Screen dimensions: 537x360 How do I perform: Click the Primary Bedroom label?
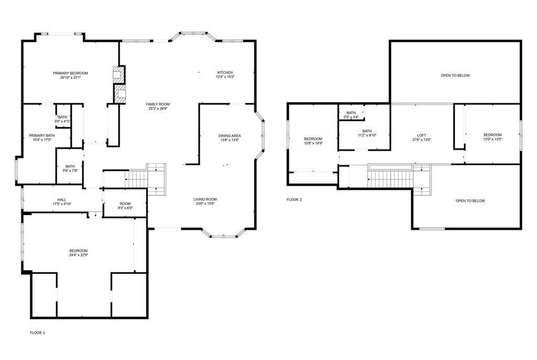point(70,73)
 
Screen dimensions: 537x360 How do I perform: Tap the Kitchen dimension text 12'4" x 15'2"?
point(225,77)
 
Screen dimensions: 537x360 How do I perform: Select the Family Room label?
point(158,104)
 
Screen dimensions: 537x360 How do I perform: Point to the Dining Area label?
point(230,136)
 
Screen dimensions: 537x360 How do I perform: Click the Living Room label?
point(205,199)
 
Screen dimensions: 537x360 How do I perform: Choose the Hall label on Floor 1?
point(62,199)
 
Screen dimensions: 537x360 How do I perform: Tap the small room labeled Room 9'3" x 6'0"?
point(125,206)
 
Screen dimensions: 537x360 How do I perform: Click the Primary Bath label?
point(42,135)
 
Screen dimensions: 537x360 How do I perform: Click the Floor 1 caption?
point(37,333)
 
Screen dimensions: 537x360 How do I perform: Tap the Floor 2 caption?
point(294,199)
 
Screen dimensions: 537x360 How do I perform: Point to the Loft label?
point(422,135)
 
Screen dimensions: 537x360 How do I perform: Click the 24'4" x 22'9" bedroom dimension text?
point(79,255)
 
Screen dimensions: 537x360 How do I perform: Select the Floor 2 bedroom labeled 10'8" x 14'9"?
point(313,141)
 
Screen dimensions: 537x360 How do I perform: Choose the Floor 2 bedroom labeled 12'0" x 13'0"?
point(492,137)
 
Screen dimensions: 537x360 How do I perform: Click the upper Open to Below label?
point(455,76)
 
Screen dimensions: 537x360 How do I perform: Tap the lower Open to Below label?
point(470,201)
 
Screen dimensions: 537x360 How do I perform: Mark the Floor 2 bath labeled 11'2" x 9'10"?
point(367,133)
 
